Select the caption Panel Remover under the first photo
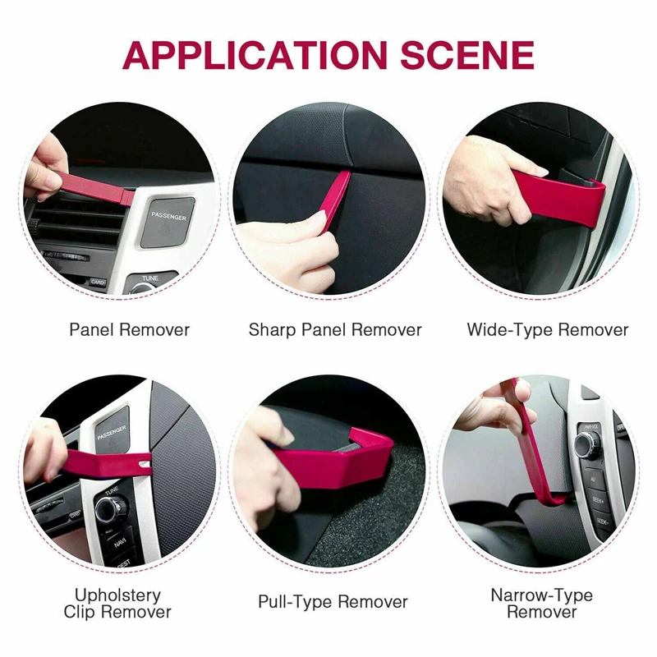129,330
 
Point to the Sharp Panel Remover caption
335,330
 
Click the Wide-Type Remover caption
548,330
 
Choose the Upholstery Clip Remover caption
117,604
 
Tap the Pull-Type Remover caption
333,602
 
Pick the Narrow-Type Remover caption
542,604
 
